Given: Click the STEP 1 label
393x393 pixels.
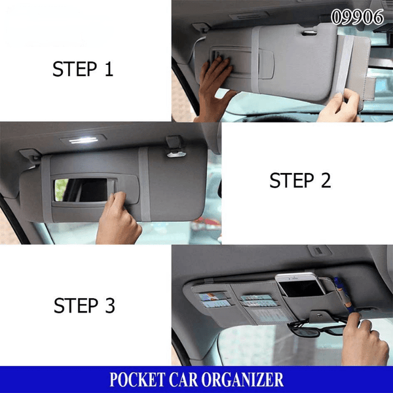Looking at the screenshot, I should [x=83, y=69].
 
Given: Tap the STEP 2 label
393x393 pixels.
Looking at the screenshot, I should [x=300, y=181].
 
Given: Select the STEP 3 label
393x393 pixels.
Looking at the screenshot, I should [x=84, y=305].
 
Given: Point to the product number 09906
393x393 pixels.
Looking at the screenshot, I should [x=357, y=18].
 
